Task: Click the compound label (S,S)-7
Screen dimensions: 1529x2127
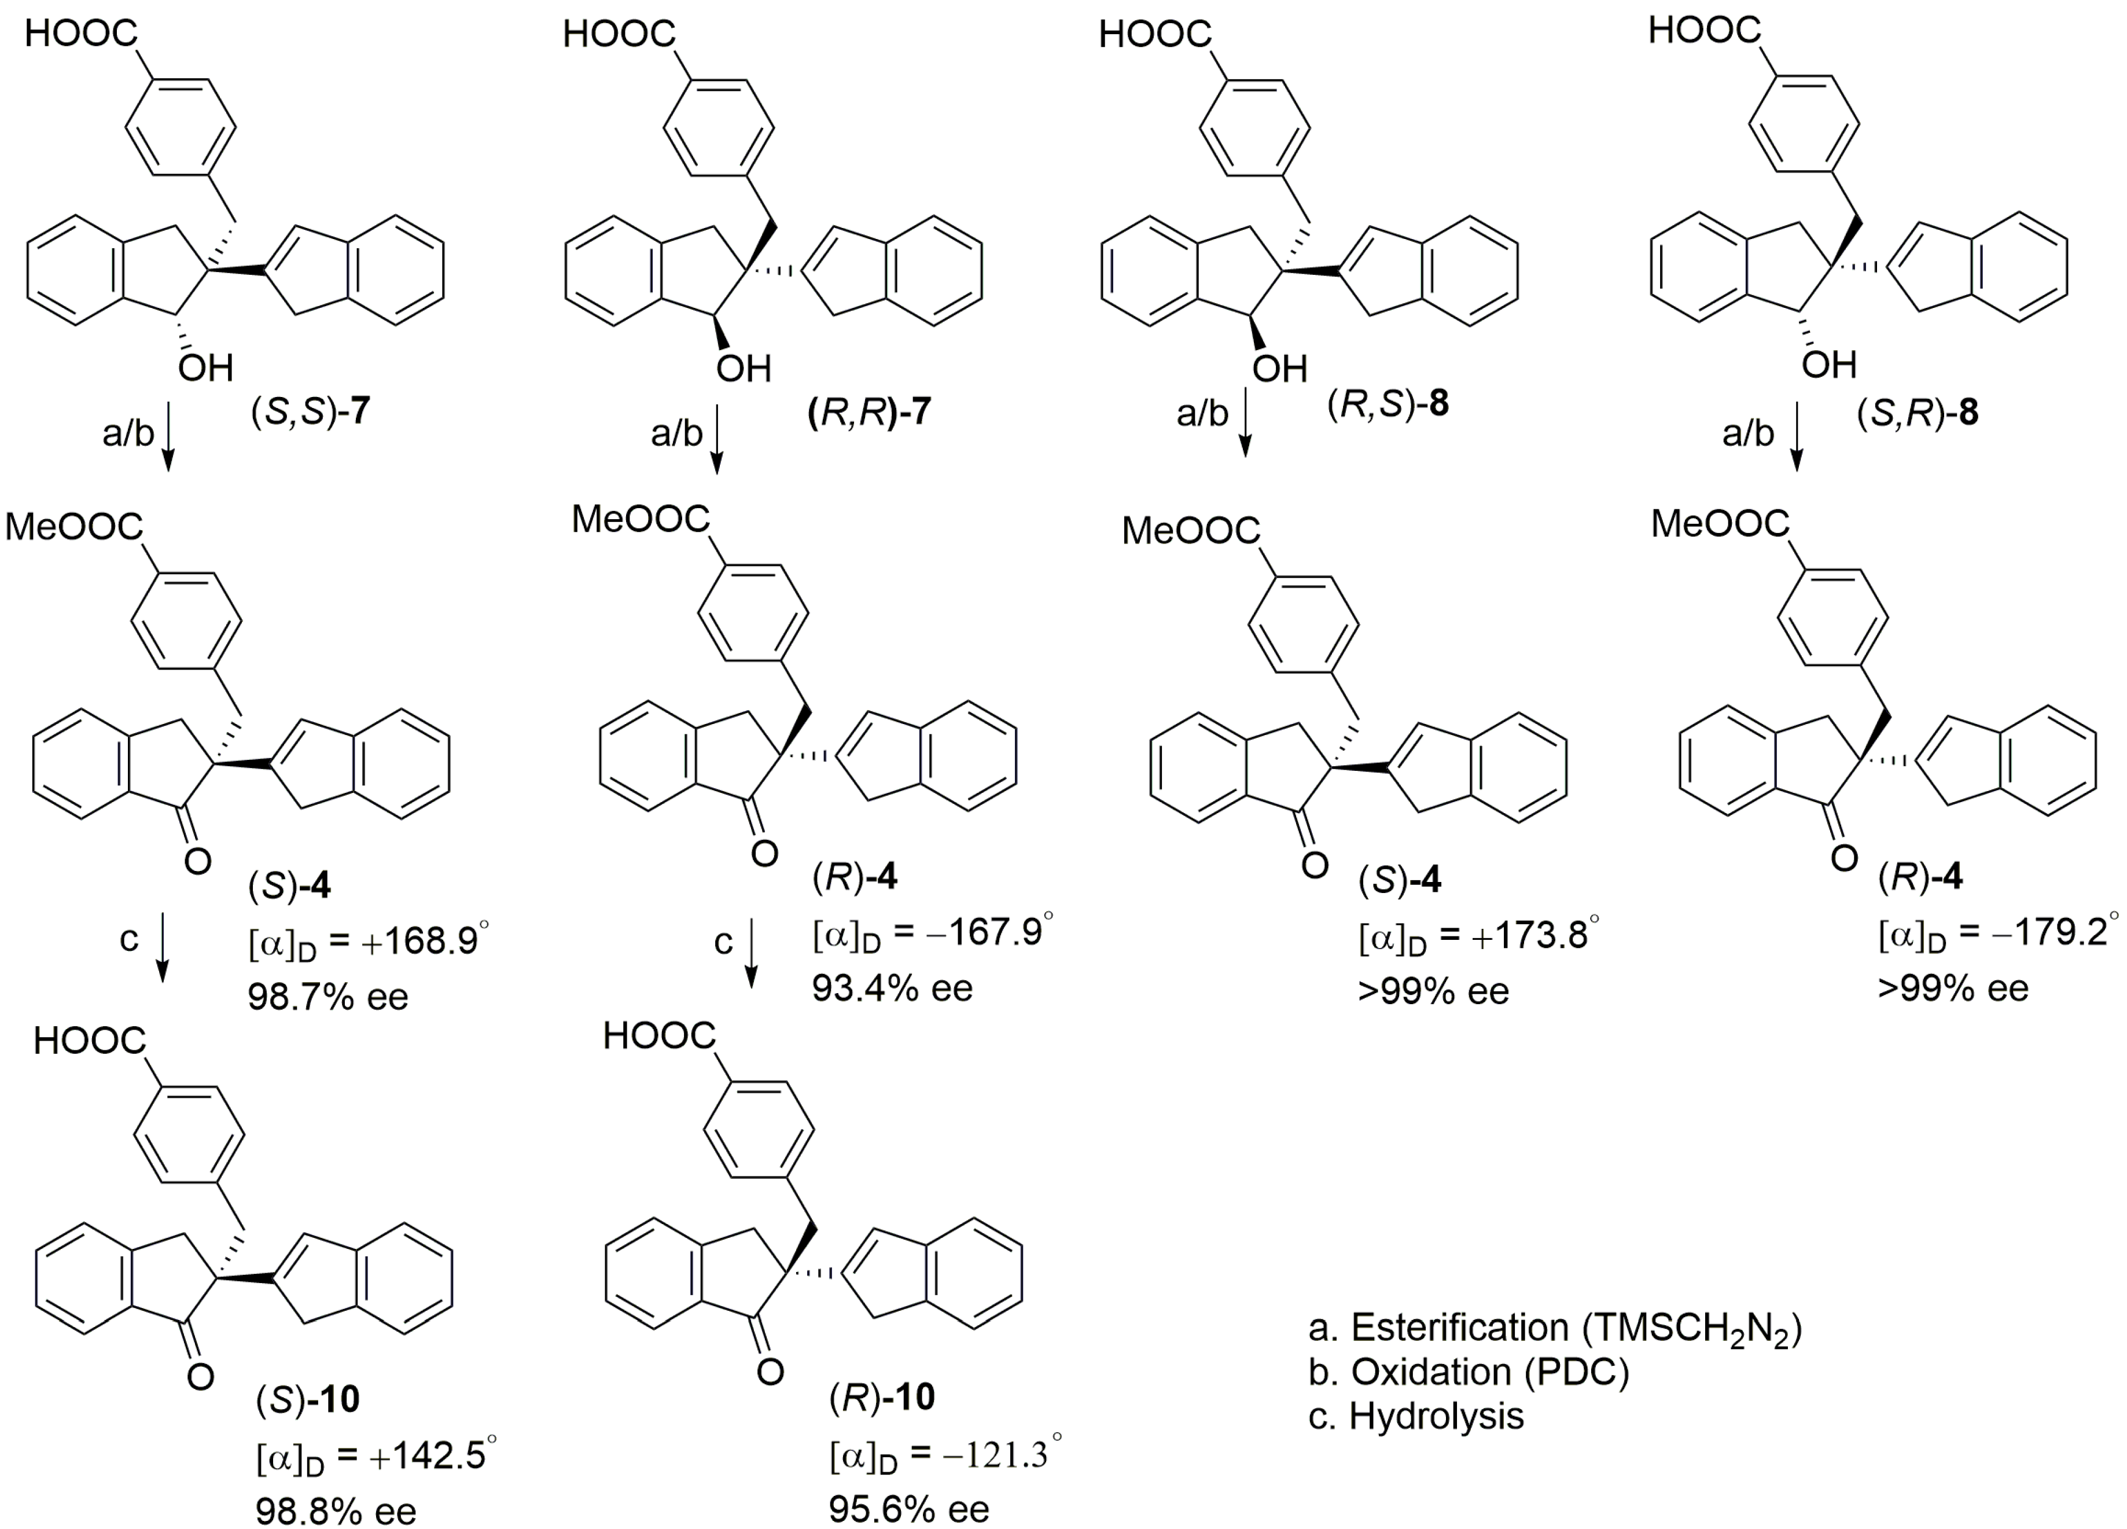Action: (310, 413)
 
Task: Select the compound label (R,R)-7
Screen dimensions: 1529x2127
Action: (869, 413)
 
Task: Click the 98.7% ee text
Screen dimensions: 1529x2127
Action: (328, 996)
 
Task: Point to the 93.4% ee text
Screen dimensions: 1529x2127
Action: (893, 988)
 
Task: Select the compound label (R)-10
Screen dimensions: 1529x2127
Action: (882, 1398)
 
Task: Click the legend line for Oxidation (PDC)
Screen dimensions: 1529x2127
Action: (1469, 1372)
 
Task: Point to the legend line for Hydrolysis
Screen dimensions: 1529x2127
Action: (1416, 1416)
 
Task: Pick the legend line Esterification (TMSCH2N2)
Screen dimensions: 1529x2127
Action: (1555, 1328)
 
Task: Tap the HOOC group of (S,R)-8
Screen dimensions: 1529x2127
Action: (1704, 31)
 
